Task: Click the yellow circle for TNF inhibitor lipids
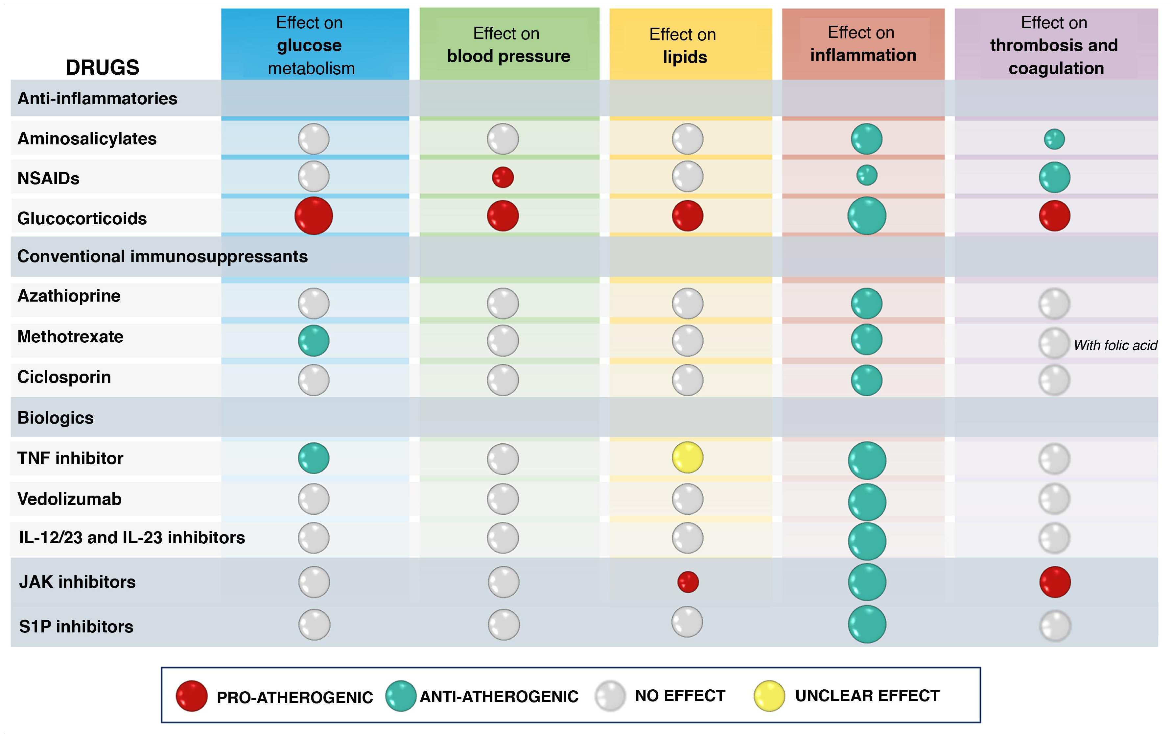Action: point(687,458)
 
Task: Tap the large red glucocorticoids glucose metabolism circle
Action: point(314,215)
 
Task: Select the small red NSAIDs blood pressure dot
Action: point(503,177)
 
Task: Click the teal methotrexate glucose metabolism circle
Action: point(314,340)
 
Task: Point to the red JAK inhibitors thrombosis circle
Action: point(1055,582)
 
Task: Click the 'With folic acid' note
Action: point(1115,345)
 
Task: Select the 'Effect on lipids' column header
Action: point(684,46)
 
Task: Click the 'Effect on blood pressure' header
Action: point(508,45)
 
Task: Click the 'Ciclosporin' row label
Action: point(64,377)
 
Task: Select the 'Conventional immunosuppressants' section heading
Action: point(162,257)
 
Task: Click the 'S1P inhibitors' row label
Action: point(76,627)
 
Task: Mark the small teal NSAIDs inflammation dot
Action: point(867,175)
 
